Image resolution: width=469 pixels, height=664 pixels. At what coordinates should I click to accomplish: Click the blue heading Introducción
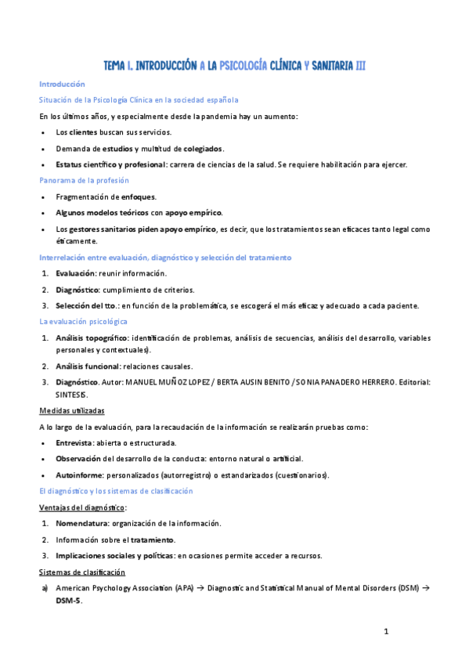tap(62, 84)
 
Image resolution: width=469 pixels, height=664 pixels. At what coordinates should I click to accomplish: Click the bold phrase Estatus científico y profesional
tap(110, 164)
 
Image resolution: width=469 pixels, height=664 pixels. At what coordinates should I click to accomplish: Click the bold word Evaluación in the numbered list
tap(75, 273)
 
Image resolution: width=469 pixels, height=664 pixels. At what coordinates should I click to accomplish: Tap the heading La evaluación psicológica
tap(85, 321)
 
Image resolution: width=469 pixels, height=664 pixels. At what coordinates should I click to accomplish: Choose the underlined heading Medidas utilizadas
tap(72, 410)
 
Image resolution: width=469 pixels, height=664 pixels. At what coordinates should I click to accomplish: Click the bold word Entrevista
tap(78, 442)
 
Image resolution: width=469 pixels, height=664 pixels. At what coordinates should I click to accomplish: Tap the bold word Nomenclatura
tap(82, 523)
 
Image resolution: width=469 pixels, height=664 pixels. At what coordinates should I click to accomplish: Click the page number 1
tap(386, 631)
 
